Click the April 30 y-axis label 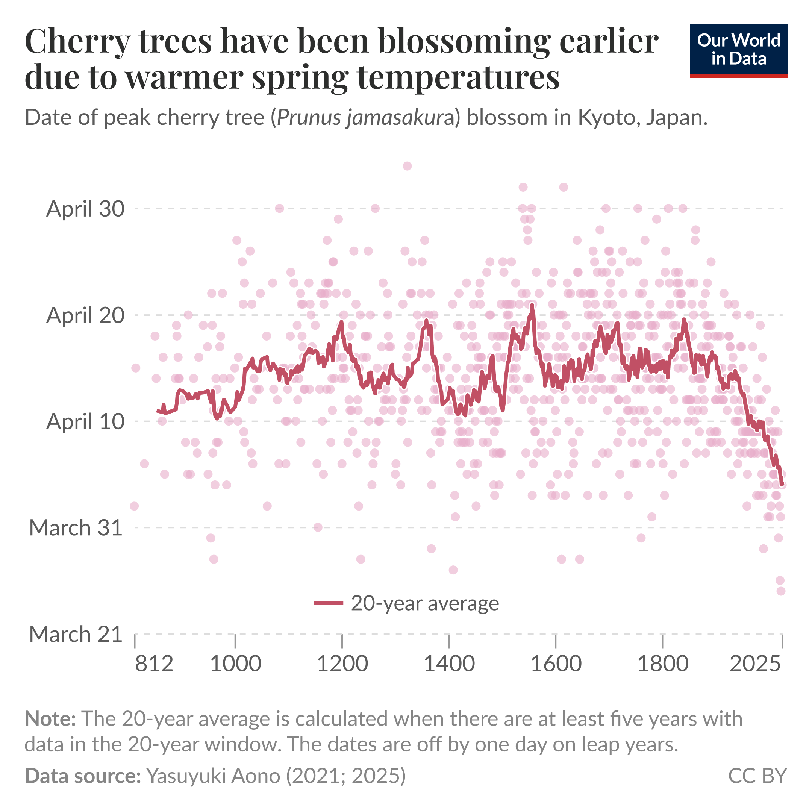tap(85, 209)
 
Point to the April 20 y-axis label tap(85, 315)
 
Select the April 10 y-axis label tap(85, 421)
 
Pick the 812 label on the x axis tap(154, 664)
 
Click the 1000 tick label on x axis tap(235, 664)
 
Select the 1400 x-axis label tap(449, 664)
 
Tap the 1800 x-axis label tap(663, 664)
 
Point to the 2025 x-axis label tap(755, 664)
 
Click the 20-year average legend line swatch tap(329, 603)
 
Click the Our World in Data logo tap(738, 51)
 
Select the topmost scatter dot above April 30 tap(407, 166)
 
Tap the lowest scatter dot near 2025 tap(781, 591)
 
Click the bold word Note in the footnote tap(50, 719)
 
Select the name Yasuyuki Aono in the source tap(213, 776)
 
